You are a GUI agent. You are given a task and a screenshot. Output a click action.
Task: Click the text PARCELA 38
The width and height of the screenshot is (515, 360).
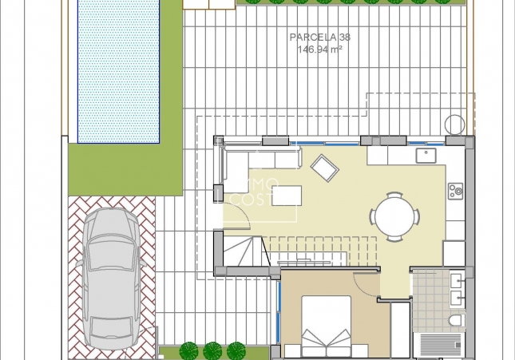pos(319,37)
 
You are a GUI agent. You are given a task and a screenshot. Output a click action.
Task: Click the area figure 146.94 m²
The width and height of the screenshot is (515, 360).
pos(319,49)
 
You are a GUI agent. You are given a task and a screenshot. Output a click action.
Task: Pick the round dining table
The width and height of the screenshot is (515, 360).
pos(393,216)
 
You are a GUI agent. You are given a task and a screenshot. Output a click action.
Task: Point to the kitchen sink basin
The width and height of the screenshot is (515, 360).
pos(426,154)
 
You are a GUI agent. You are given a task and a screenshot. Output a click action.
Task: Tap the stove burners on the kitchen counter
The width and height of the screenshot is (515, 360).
pos(456,190)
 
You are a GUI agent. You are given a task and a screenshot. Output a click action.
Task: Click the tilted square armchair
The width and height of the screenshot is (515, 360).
pos(325,167)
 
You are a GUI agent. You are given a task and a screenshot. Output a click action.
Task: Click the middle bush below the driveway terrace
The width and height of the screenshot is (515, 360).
pos(212,350)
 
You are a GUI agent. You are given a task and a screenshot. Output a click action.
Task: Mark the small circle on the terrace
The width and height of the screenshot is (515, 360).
pos(454,125)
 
